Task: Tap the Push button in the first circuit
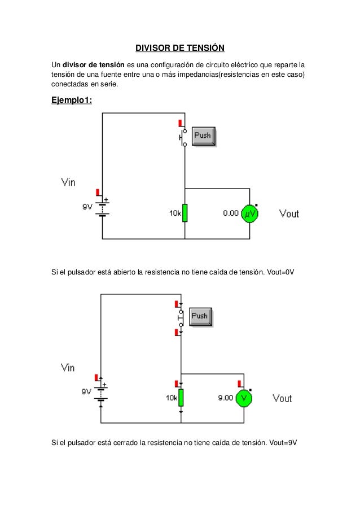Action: (x=203, y=136)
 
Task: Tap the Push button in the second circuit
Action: (x=200, y=316)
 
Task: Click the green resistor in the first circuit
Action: (x=185, y=213)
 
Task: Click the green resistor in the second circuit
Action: (x=181, y=398)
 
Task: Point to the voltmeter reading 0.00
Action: (x=230, y=214)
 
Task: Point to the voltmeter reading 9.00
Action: (x=225, y=398)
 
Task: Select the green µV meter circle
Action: (x=249, y=214)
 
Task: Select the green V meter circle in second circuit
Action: (x=244, y=398)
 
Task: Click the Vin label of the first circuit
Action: (x=68, y=182)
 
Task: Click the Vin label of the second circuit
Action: (x=68, y=368)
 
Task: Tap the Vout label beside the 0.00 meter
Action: (x=289, y=214)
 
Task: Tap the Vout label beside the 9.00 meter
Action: (x=282, y=398)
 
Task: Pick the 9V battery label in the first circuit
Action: (x=87, y=207)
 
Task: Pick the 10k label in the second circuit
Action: (x=172, y=398)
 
